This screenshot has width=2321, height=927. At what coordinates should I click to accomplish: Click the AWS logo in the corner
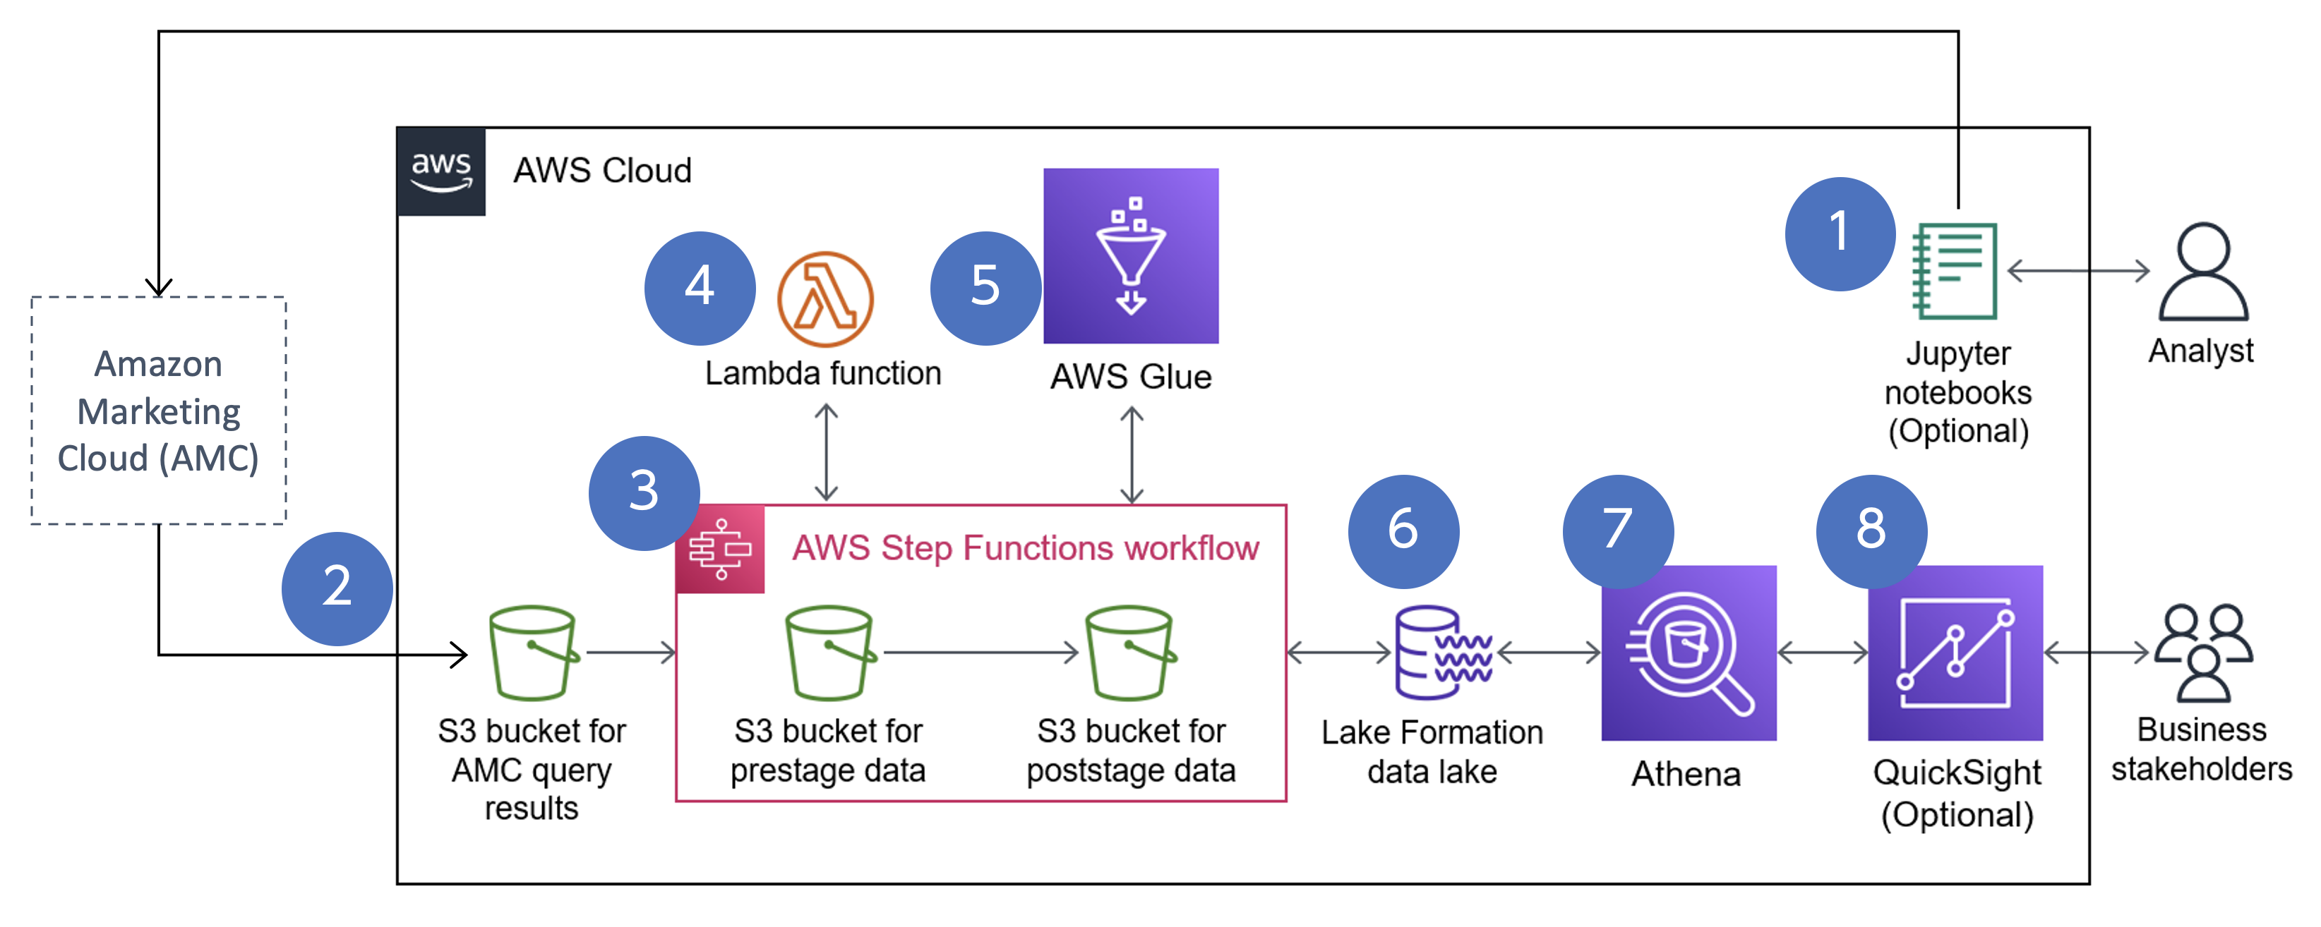[x=440, y=171]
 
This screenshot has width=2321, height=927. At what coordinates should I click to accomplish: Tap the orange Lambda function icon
[x=825, y=299]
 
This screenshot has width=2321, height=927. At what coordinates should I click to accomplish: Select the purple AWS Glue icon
[x=1131, y=256]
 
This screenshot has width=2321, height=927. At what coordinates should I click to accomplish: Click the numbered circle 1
[x=1840, y=234]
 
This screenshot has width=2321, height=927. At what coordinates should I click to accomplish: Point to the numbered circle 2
[x=337, y=588]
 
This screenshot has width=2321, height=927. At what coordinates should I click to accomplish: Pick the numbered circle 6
[x=1403, y=531]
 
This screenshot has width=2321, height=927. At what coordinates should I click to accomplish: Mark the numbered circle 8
[x=1871, y=531]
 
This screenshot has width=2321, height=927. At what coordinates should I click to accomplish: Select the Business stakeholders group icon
[x=2203, y=653]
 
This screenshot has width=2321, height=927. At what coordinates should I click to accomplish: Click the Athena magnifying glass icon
[x=1689, y=653]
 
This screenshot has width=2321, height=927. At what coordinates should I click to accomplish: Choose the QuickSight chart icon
[x=1955, y=653]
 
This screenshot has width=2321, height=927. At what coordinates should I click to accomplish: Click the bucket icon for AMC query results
[x=534, y=653]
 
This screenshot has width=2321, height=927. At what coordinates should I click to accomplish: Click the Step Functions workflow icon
[x=720, y=549]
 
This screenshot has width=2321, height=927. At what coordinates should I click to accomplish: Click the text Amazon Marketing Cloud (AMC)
[x=159, y=412]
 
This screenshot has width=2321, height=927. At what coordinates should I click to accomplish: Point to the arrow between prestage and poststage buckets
[x=980, y=653]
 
